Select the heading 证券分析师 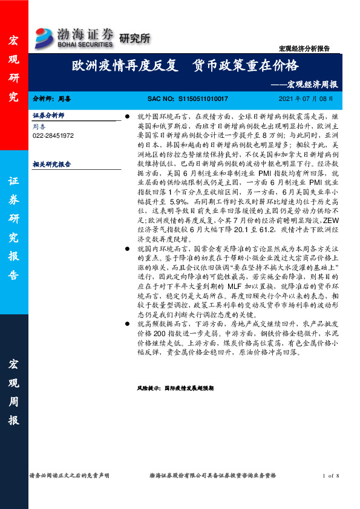pyautogui.click(x=48, y=115)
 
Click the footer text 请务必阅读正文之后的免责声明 pyautogui.click(x=69, y=476)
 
